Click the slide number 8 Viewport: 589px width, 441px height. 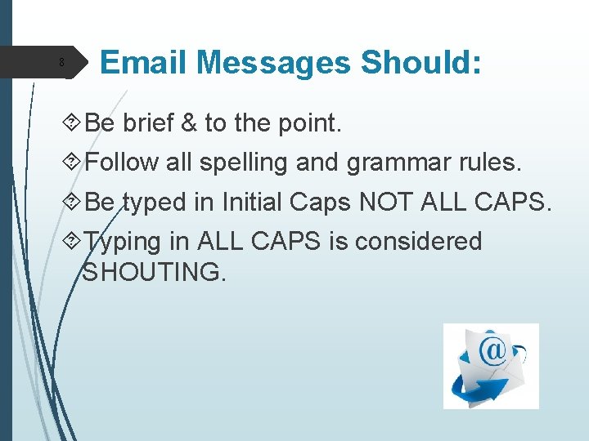(61, 63)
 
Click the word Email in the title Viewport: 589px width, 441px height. (144, 62)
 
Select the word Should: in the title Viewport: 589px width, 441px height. (420, 62)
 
